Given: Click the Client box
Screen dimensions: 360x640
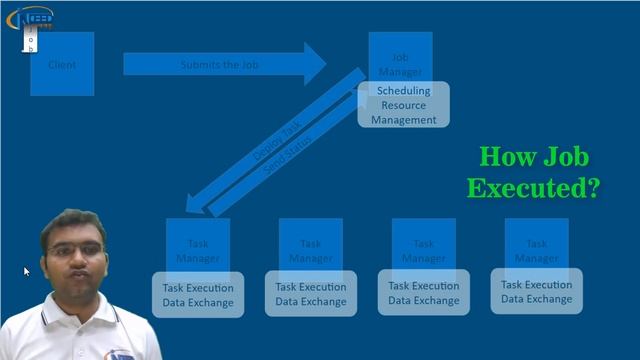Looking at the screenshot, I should [62, 64].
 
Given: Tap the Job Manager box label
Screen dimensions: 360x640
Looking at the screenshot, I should [400, 63].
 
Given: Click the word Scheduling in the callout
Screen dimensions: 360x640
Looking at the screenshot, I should [404, 91].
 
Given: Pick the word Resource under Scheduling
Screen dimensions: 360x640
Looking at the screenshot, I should [404, 105].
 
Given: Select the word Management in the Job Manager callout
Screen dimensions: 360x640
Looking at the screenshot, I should [404, 120].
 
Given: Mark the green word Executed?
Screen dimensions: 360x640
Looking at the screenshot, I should [535, 188].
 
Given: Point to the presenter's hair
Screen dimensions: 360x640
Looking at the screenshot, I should [73, 222].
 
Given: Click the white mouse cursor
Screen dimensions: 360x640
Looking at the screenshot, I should [27, 271].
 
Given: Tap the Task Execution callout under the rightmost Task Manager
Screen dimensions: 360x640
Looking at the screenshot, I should [537, 291].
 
